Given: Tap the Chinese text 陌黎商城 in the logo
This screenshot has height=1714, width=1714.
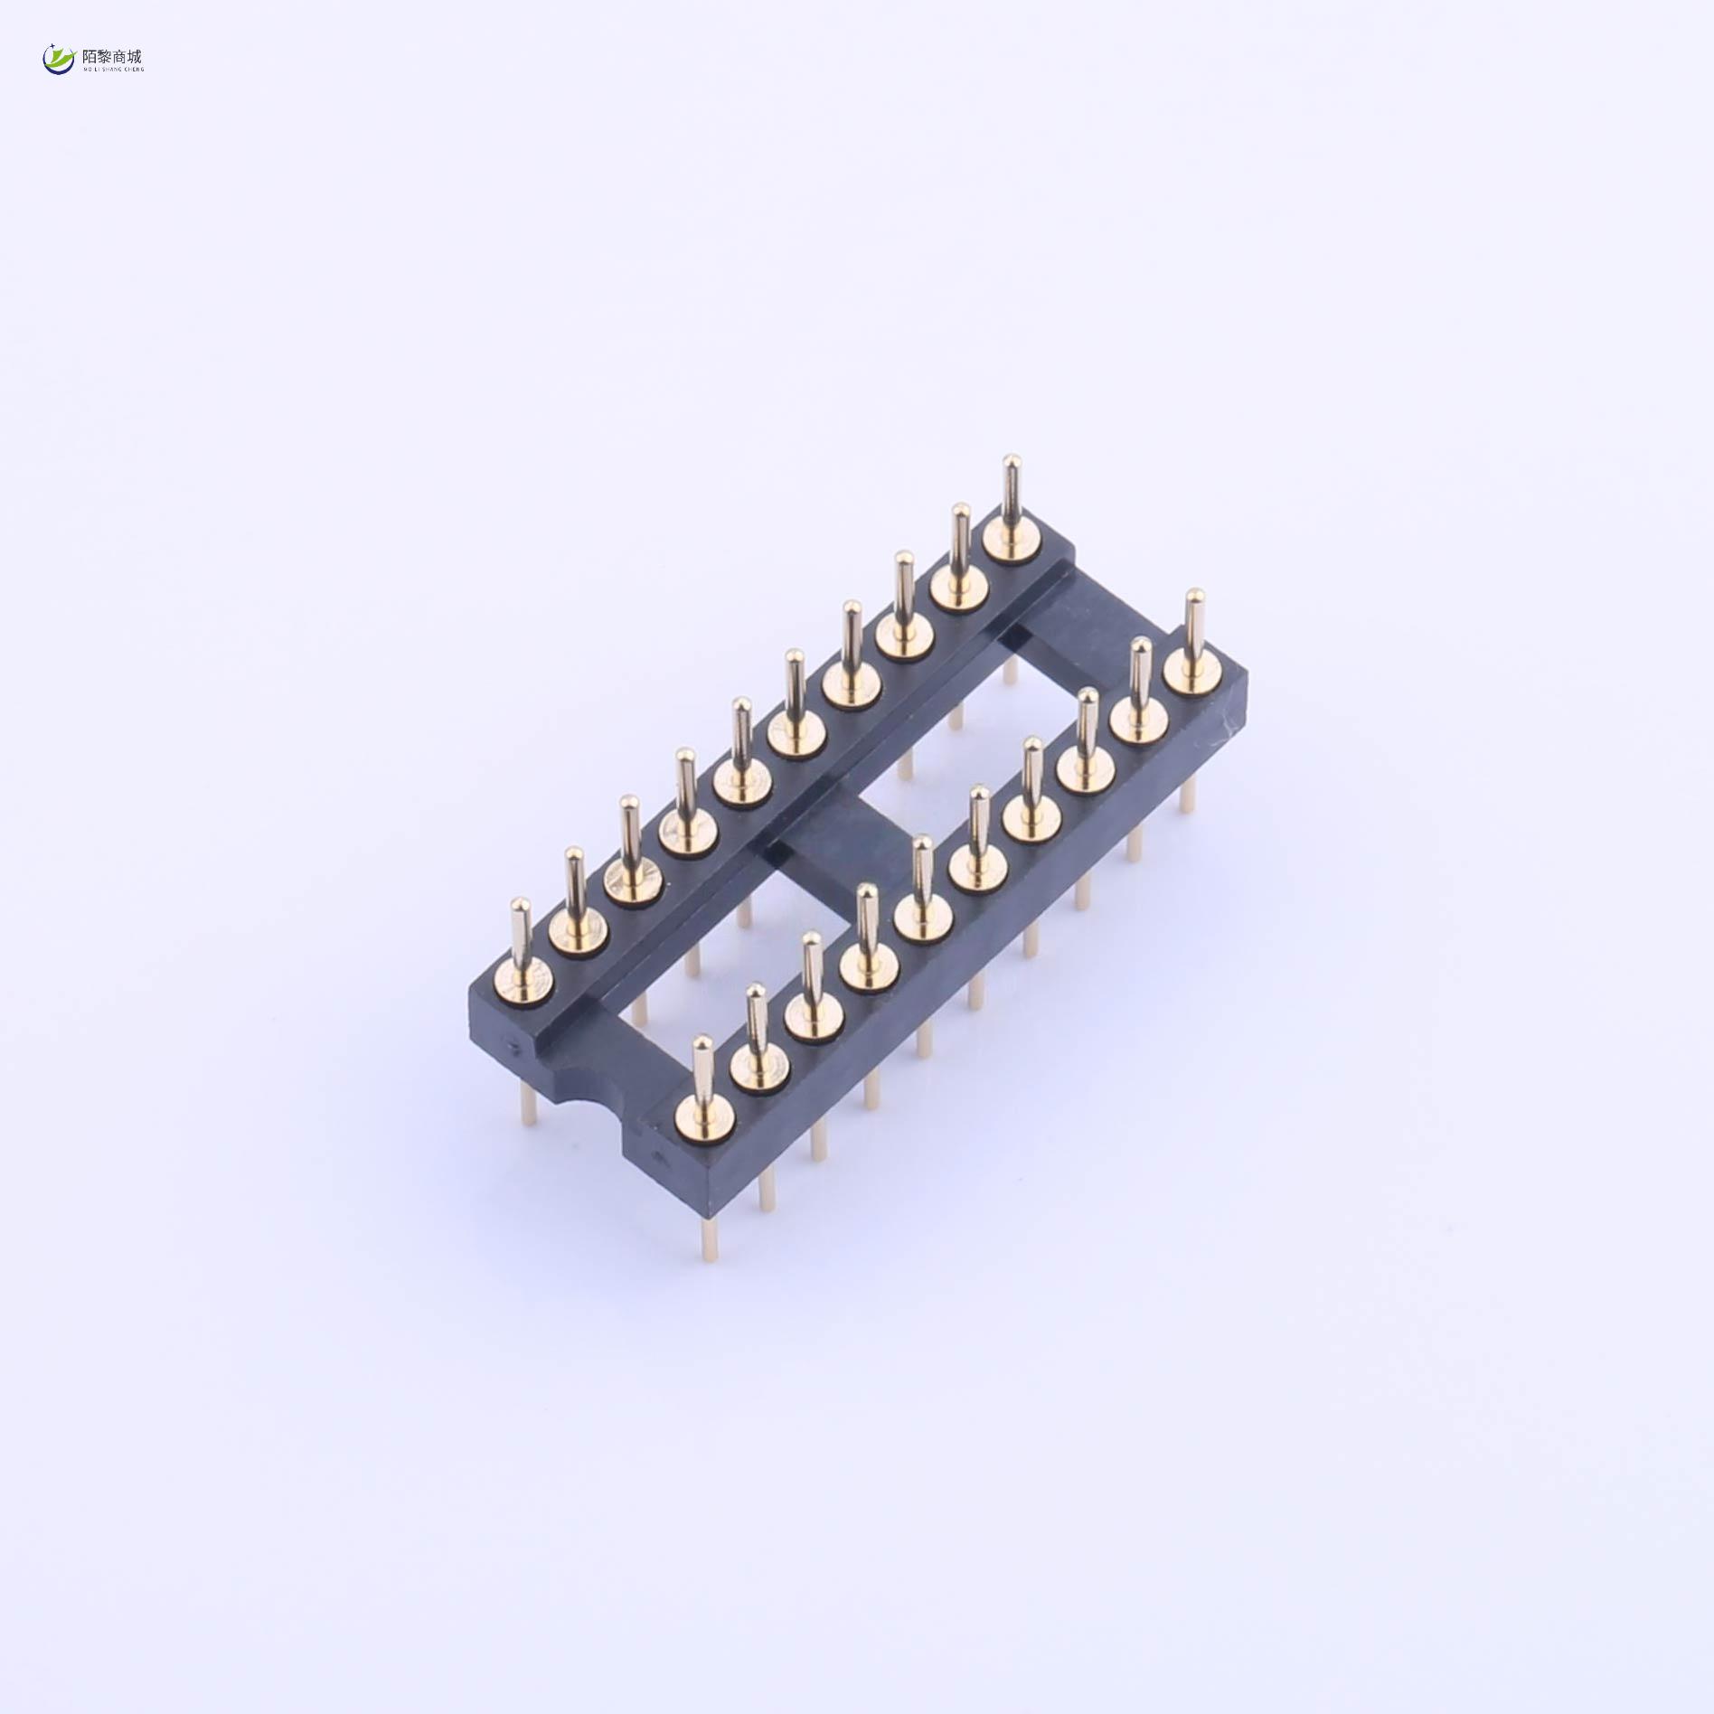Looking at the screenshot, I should click(112, 56).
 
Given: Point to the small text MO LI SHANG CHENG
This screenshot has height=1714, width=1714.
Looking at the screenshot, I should click(112, 69).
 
